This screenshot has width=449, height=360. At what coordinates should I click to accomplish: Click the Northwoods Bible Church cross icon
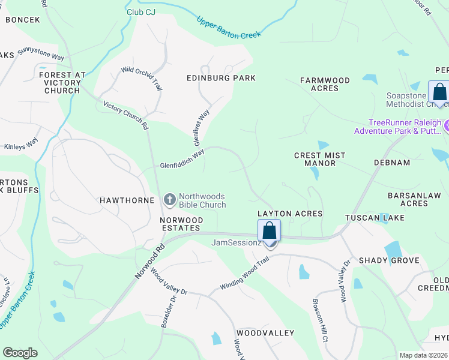pyautogui.click(x=170, y=199)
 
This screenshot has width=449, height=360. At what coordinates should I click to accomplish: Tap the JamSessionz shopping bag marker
pyautogui.click(x=270, y=231)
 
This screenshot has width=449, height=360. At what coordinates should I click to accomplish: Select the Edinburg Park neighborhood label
pyautogui.click(x=221, y=78)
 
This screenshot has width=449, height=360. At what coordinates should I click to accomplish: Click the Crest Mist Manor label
pyautogui.click(x=320, y=159)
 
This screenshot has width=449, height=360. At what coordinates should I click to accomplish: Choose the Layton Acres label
pyautogui.click(x=290, y=214)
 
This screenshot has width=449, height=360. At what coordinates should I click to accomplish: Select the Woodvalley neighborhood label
pyautogui.click(x=265, y=333)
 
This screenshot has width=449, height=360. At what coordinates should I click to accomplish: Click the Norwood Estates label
pyautogui.click(x=180, y=224)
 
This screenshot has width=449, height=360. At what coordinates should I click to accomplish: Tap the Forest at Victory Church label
pyautogui.click(x=62, y=83)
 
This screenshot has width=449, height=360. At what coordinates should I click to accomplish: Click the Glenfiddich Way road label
pyautogui.click(x=182, y=158)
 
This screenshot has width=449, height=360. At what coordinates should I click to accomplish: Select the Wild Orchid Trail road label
pyautogui.click(x=142, y=79)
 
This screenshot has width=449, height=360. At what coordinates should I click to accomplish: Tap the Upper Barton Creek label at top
pyautogui.click(x=229, y=28)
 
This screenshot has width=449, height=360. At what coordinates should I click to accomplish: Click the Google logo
pyautogui.click(x=20, y=353)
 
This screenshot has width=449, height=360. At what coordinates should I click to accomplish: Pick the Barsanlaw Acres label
pyautogui.click(x=414, y=199)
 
